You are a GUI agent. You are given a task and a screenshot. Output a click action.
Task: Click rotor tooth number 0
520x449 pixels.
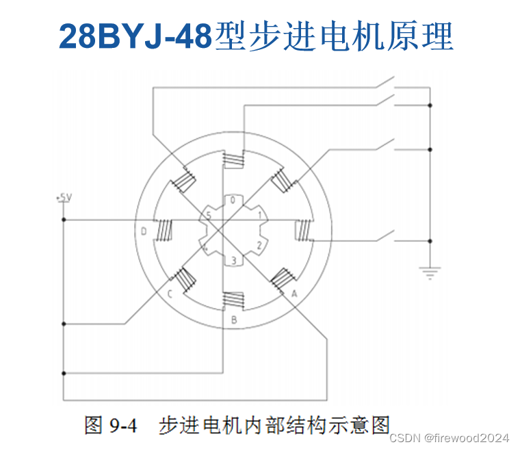coord(233,201)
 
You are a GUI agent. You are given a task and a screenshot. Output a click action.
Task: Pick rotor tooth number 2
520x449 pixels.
coord(259,245)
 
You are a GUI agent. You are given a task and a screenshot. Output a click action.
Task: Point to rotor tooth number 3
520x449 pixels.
coord(233,261)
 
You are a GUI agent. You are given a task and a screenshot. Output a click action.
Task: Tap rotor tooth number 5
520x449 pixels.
coord(209,216)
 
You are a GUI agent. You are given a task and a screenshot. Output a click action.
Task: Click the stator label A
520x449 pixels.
coord(294,292)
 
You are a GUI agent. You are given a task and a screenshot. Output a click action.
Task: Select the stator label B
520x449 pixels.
coord(233,319)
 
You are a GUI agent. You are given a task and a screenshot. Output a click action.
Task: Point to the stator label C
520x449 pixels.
coord(169,294)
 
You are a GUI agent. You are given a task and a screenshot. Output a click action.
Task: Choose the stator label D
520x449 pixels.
coord(144,231)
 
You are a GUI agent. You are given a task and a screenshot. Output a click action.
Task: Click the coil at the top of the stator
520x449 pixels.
coord(234,162)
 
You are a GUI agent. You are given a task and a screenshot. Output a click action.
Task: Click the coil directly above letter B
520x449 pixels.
coord(233,300)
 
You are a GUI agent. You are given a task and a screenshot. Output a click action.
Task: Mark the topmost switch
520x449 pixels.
coord(384,85)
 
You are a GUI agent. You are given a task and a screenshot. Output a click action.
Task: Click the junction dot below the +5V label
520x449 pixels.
coord(64,220)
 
